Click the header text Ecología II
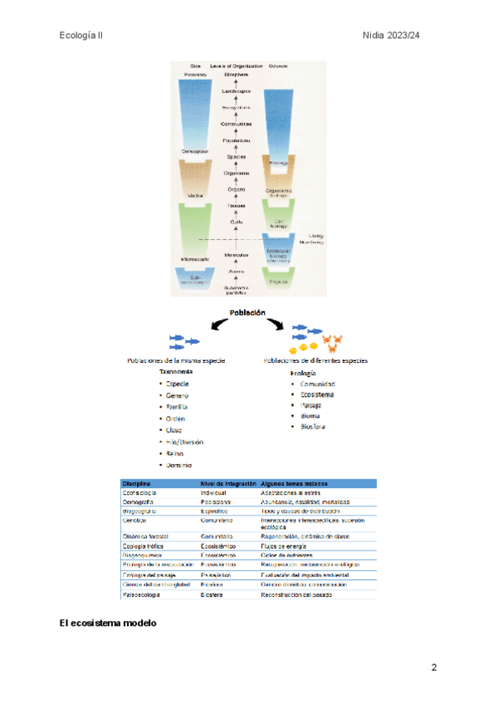[81, 36]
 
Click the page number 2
[433, 667]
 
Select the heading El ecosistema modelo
[108, 623]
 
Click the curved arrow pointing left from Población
[199, 326]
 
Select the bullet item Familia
[177, 408]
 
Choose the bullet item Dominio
[178, 465]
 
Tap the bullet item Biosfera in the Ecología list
[312, 427]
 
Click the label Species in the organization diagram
[236, 157]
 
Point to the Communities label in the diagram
[236, 124]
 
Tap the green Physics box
[278, 281]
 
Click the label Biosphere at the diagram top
[236, 75]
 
